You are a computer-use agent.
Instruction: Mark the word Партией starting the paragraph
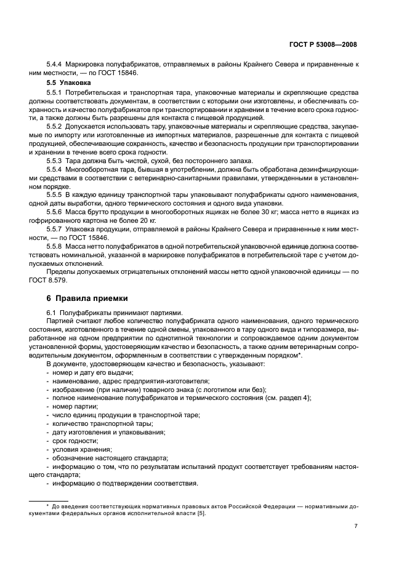point(59,321)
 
